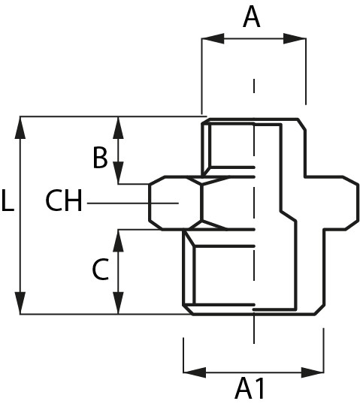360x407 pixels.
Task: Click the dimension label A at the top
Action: (252, 17)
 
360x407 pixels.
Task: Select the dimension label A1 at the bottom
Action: (250, 389)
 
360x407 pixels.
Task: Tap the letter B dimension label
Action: (100, 158)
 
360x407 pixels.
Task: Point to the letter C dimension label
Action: (101, 269)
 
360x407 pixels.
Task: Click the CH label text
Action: (64, 200)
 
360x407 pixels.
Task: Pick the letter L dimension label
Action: (8, 200)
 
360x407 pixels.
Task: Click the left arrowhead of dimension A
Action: (213, 39)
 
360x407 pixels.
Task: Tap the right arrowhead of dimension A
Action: (295, 39)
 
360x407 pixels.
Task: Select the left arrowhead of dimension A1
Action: (195, 372)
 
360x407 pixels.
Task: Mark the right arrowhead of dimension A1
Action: (313, 372)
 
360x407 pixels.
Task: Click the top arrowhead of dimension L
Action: (20, 128)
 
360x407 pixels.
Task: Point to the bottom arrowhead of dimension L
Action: (20, 303)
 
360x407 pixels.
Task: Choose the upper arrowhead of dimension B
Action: (119, 128)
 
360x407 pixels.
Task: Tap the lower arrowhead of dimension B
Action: (119, 173)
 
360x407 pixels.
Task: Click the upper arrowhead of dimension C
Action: (119, 240)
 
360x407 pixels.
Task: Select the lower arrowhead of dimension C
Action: (119, 303)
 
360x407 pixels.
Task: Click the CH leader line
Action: (133, 203)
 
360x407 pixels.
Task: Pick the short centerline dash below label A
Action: (254, 86)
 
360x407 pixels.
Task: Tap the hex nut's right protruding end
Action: (337, 203)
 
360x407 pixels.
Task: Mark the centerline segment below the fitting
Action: (254, 330)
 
